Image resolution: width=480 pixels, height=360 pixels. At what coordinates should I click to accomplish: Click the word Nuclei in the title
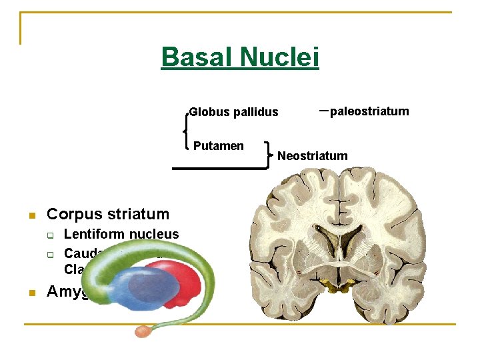281,57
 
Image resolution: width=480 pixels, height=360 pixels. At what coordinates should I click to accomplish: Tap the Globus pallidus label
233,112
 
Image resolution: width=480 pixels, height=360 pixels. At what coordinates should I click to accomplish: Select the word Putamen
218,146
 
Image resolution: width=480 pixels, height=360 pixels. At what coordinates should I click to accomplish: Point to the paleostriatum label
369,111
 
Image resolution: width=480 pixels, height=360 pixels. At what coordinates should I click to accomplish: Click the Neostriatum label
312,156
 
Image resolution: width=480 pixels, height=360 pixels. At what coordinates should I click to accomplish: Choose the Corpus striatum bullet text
108,214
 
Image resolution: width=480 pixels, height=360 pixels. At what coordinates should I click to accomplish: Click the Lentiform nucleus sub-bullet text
121,234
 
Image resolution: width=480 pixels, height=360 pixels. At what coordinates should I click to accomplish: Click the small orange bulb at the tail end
143,331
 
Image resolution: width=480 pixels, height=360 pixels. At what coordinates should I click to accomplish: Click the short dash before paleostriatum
323,110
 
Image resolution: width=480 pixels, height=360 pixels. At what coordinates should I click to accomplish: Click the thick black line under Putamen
220,169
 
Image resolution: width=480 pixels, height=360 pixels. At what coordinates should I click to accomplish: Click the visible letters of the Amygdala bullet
67,293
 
